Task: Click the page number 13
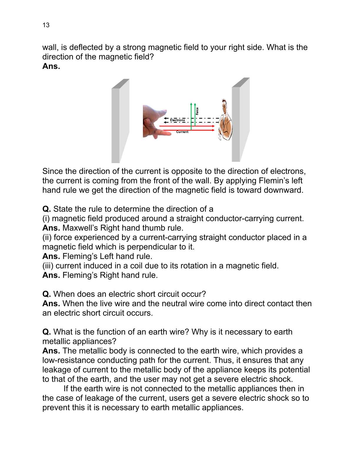(x=46, y=25)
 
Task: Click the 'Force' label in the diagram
(x=197, y=111)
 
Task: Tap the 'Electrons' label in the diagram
(x=177, y=120)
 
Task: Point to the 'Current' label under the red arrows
(x=182, y=132)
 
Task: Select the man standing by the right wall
(x=225, y=120)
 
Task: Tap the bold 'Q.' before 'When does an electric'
(x=46, y=294)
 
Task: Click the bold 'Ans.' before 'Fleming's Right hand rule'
(x=51, y=275)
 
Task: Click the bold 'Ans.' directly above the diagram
(x=51, y=66)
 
